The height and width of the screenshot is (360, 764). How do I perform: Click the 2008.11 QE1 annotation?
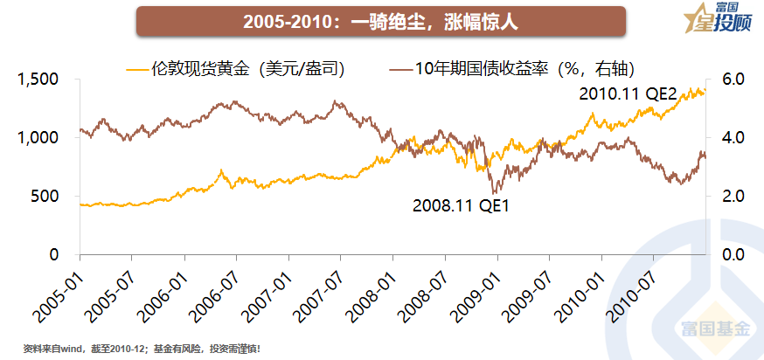pos(460,206)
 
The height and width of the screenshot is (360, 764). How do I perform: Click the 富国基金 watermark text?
pos(714,329)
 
